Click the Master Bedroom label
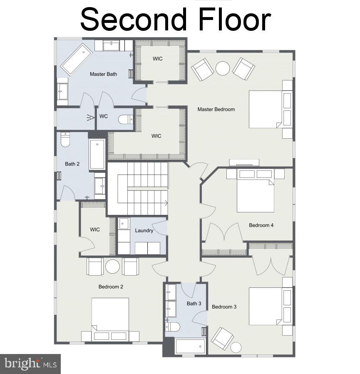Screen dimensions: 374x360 [216, 110]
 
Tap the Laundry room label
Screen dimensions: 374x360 [144, 230]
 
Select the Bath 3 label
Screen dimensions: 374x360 [194, 304]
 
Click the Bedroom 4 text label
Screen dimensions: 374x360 [261, 225]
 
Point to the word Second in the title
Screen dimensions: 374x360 [133, 19]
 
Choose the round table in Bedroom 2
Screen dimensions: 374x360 [112, 267]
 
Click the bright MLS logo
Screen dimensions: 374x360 [30, 364]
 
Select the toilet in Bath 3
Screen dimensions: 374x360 [172, 326]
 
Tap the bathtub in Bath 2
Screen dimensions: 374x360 [97, 154]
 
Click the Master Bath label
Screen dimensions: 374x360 [103, 74]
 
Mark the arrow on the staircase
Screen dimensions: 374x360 [165, 203]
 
